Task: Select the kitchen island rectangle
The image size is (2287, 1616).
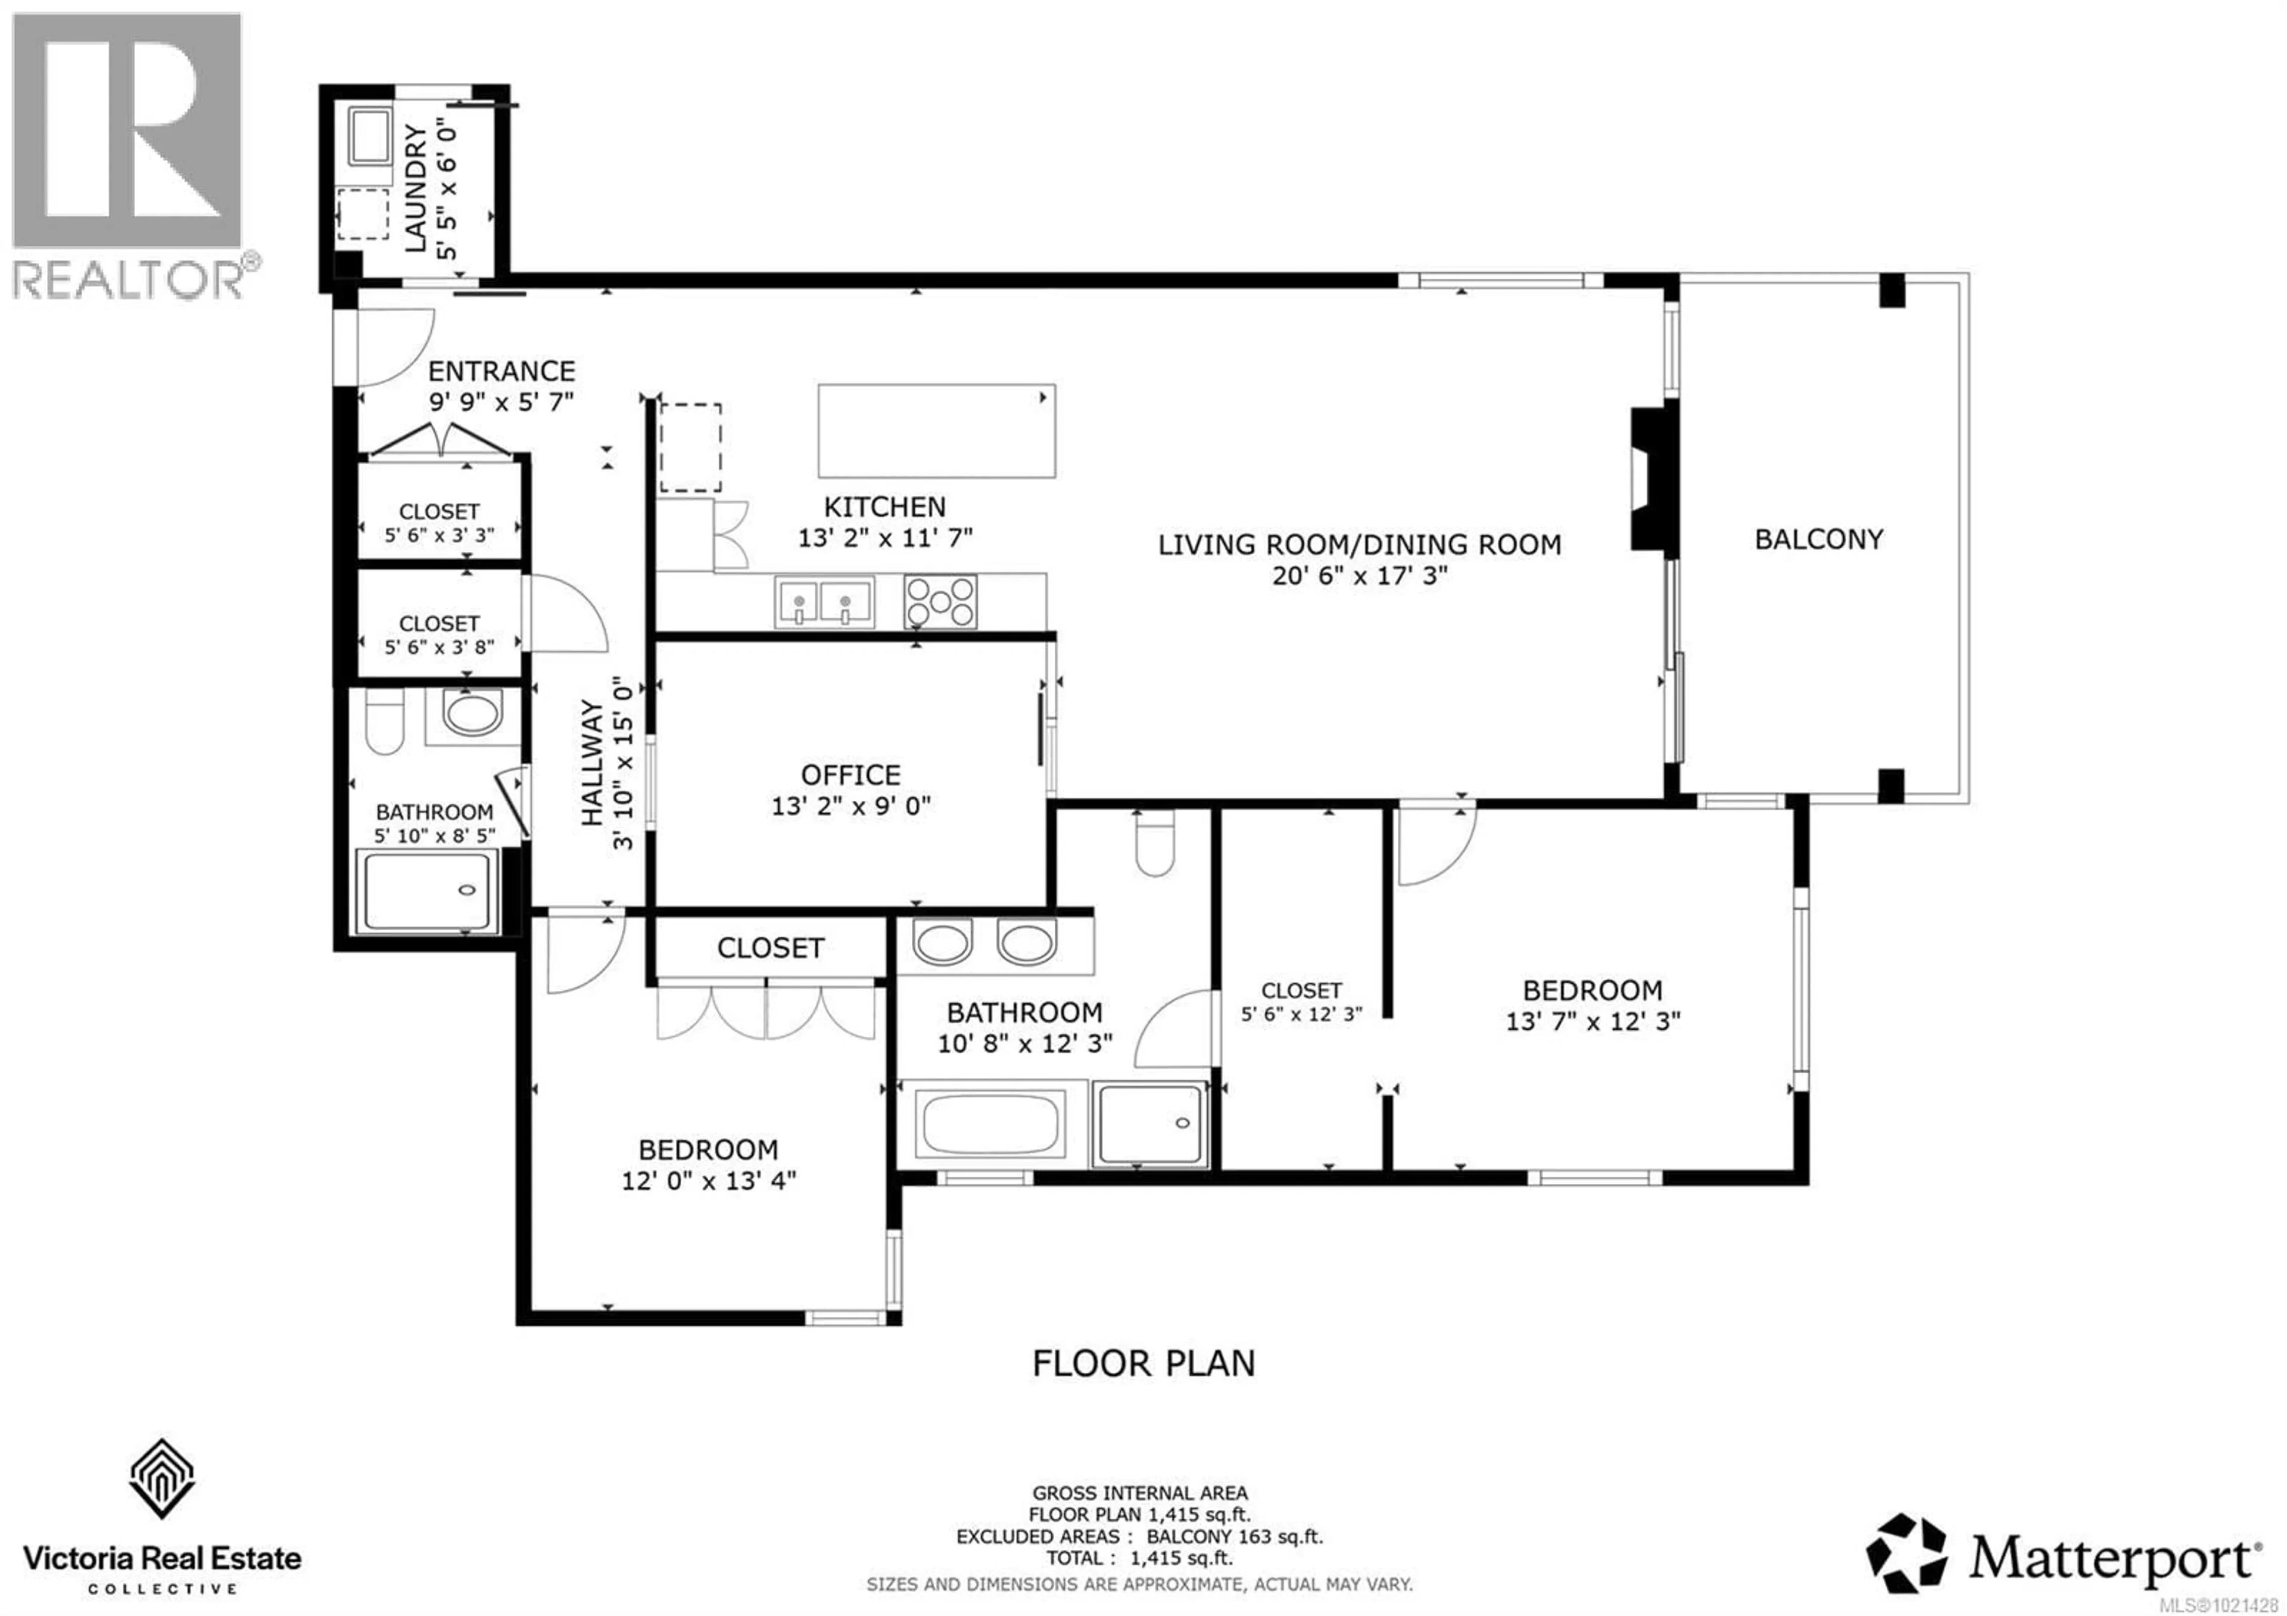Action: (936, 430)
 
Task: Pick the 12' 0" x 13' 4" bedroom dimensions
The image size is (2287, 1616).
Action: (708, 1180)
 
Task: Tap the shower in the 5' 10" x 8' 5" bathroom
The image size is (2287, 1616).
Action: (426, 891)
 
